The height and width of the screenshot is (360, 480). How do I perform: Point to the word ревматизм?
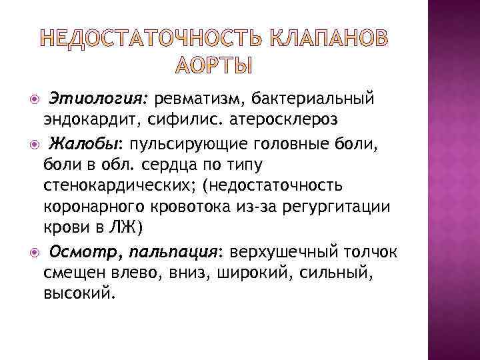[200, 99]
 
